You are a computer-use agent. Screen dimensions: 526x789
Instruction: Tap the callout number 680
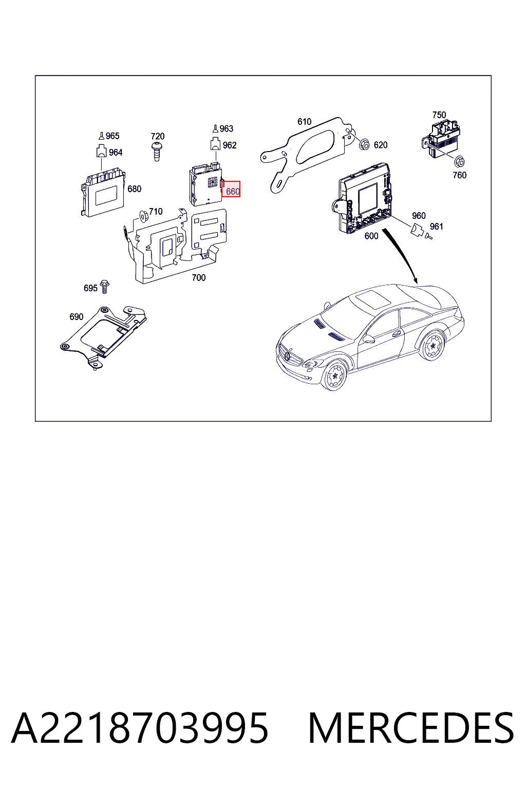pyautogui.click(x=134, y=189)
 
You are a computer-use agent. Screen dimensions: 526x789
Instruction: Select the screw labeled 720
pyautogui.click(x=157, y=152)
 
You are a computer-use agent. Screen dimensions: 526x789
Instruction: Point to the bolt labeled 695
pyautogui.click(x=104, y=287)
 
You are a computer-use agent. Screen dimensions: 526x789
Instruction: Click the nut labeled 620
pyautogui.click(x=365, y=144)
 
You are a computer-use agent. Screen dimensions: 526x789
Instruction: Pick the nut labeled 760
pyautogui.click(x=459, y=162)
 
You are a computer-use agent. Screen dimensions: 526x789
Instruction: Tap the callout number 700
pyautogui.click(x=199, y=277)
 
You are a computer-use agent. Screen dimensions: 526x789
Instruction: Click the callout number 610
pyautogui.click(x=305, y=122)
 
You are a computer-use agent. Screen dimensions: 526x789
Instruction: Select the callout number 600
pyautogui.click(x=371, y=236)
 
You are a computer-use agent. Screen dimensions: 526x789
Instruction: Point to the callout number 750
pyautogui.click(x=439, y=115)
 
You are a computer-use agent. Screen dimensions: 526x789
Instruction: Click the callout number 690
pyautogui.click(x=77, y=316)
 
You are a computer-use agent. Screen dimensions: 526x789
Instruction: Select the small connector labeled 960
pyautogui.click(x=417, y=229)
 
